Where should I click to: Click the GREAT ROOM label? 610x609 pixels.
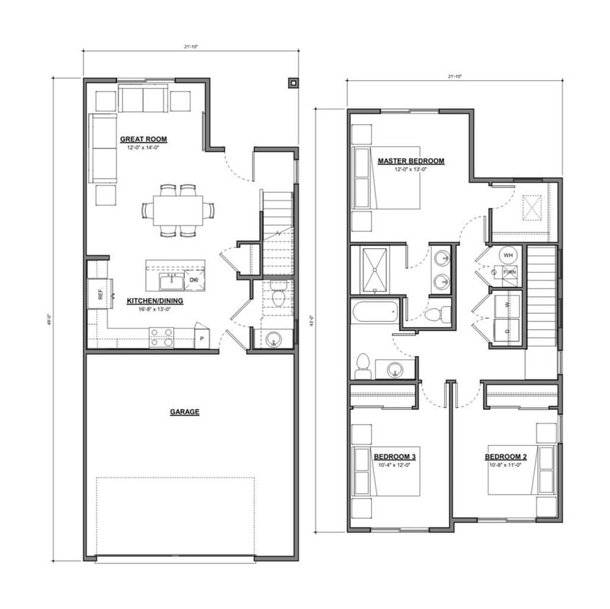(x=143, y=139)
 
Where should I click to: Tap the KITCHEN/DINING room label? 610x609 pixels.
(x=154, y=300)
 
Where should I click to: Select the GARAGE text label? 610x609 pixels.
(x=184, y=412)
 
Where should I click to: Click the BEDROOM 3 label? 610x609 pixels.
(x=394, y=457)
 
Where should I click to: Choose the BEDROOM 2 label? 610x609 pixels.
(x=505, y=457)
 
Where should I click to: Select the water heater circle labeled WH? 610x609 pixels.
(x=507, y=255)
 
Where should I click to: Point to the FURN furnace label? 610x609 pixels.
(x=510, y=272)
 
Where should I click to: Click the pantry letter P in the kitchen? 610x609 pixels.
(x=201, y=338)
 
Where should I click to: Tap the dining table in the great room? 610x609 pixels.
(x=178, y=211)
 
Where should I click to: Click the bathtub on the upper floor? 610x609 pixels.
(x=374, y=312)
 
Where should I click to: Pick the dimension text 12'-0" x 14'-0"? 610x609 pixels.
(x=143, y=148)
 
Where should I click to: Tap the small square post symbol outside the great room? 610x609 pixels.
(x=292, y=82)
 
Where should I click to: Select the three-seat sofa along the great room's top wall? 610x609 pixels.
(x=143, y=100)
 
